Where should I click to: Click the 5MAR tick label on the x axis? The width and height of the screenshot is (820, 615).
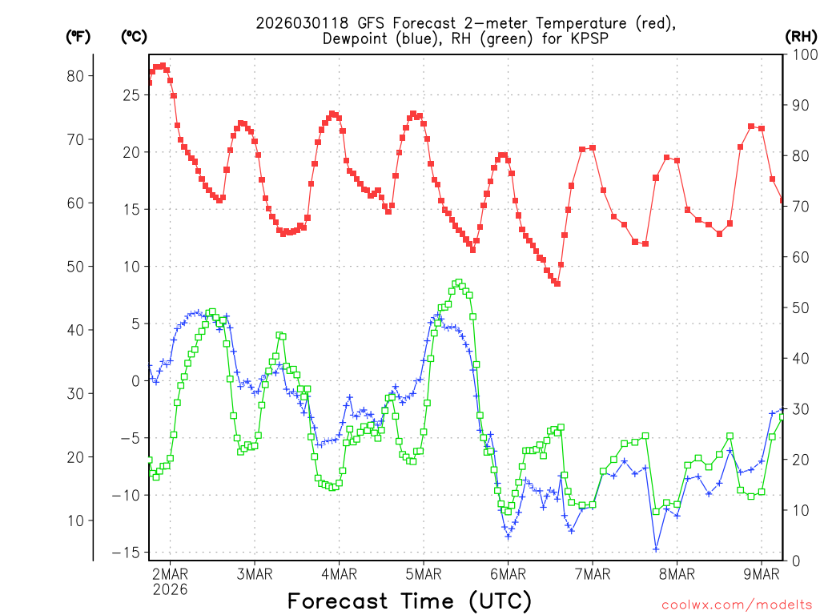pos(424,573)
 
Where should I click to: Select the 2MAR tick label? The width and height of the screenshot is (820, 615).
pos(170,573)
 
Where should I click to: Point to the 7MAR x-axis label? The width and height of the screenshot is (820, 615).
pos(593,573)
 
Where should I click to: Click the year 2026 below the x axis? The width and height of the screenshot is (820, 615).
pos(170,589)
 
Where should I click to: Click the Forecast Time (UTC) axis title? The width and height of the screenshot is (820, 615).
pos(409,600)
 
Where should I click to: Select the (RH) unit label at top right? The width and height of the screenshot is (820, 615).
pos(799,35)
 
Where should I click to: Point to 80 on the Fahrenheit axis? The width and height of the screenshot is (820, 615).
pos(74,76)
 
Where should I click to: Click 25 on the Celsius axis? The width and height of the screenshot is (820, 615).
pos(131,95)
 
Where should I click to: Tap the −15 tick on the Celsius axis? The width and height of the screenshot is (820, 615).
pos(125,553)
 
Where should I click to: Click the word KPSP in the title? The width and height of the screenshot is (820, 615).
pos(587,38)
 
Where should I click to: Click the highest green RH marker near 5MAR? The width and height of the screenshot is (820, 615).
pos(459,282)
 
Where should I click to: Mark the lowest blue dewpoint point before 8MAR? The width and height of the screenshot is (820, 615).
pos(656,549)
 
